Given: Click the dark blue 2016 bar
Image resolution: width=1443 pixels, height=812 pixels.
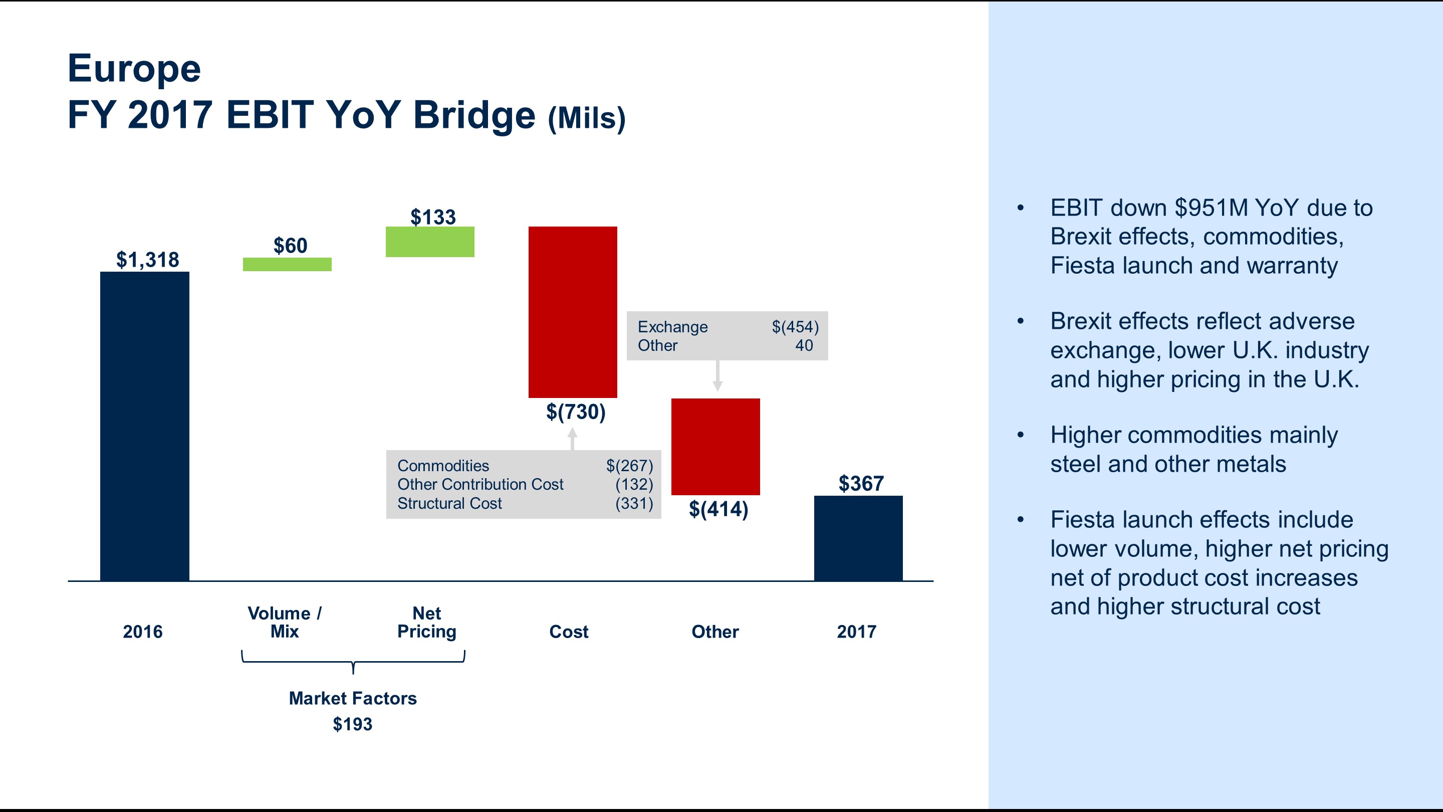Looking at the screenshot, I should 144,426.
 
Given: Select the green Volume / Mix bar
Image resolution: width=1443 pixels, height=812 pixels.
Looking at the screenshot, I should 287,265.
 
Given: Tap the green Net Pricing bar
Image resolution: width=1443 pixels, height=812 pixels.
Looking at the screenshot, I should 430,242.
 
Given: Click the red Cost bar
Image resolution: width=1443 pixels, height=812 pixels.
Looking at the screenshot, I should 573,312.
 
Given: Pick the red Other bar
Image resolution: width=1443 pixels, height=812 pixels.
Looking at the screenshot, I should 715,447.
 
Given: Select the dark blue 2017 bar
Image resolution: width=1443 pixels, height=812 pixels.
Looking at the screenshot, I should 858,538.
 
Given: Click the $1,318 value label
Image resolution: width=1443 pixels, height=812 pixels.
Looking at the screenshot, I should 147,260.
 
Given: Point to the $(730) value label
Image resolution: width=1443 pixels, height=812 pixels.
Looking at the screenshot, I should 575,412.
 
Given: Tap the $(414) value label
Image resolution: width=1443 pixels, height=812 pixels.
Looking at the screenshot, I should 718,509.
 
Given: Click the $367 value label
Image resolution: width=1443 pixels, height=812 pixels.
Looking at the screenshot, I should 860,484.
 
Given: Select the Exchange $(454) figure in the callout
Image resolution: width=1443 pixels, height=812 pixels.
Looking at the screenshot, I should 795,327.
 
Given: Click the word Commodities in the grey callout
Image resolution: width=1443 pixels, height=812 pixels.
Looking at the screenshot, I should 442,466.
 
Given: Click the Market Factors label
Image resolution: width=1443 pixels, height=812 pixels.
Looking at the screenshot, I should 352,698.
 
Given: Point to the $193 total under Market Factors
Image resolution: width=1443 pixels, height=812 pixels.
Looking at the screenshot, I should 352,724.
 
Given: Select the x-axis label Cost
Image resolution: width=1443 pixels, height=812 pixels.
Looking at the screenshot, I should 569,632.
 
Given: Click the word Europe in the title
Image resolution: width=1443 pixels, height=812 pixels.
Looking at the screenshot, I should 134,68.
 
